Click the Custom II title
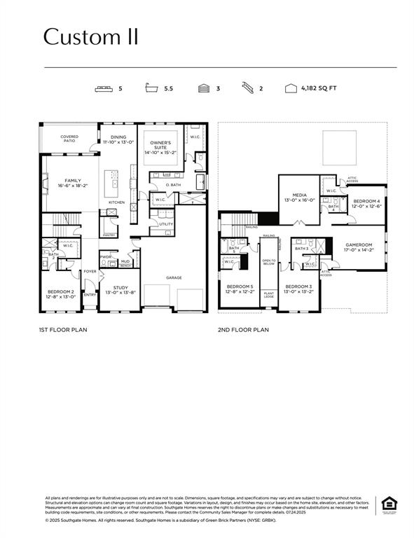90,36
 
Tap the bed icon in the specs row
104,89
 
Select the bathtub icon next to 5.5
151,89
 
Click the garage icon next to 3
203,89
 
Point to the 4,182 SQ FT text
319,89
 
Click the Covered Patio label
69,139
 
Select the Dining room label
118,139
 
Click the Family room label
73,183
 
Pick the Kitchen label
116,202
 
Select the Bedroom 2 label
61,294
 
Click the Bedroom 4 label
366,203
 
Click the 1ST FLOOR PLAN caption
62,329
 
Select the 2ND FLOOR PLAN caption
243,329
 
